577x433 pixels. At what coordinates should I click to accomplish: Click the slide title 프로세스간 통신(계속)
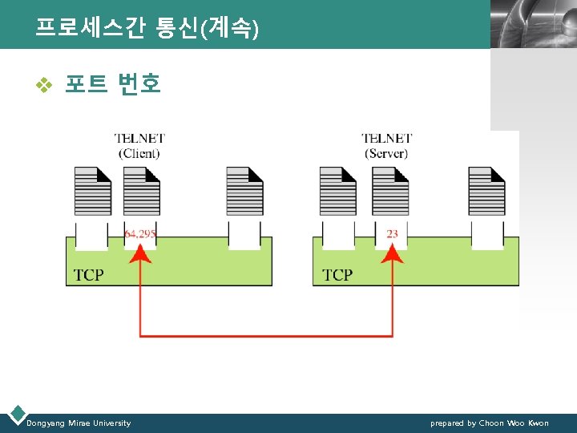(147, 30)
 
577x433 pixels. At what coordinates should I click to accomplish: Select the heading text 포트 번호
(113, 83)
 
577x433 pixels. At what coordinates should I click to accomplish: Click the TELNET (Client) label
(139, 146)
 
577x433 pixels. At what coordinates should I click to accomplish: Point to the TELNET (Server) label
(386, 146)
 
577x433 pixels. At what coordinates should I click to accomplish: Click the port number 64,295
(140, 234)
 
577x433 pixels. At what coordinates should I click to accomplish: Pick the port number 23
(392, 234)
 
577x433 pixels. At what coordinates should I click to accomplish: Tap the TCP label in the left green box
(88, 275)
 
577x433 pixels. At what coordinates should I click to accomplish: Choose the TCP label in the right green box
(337, 275)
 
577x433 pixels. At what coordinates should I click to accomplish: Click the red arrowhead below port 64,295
(141, 253)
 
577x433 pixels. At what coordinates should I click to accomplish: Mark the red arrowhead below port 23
(392, 253)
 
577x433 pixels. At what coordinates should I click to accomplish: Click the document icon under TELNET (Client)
(142, 191)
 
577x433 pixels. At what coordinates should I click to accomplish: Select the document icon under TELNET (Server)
(390, 191)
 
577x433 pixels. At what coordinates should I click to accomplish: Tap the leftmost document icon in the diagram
(92, 191)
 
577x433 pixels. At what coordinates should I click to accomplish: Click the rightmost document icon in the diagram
(486, 191)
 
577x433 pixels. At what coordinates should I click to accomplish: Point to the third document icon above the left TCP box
(244, 191)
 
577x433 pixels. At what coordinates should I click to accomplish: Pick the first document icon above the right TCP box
(337, 191)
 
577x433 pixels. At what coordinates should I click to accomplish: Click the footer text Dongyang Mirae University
(79, 423)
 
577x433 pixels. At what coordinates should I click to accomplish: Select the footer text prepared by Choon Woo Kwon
(489, 423)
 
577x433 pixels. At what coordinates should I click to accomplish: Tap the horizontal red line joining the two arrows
(266, 335)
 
